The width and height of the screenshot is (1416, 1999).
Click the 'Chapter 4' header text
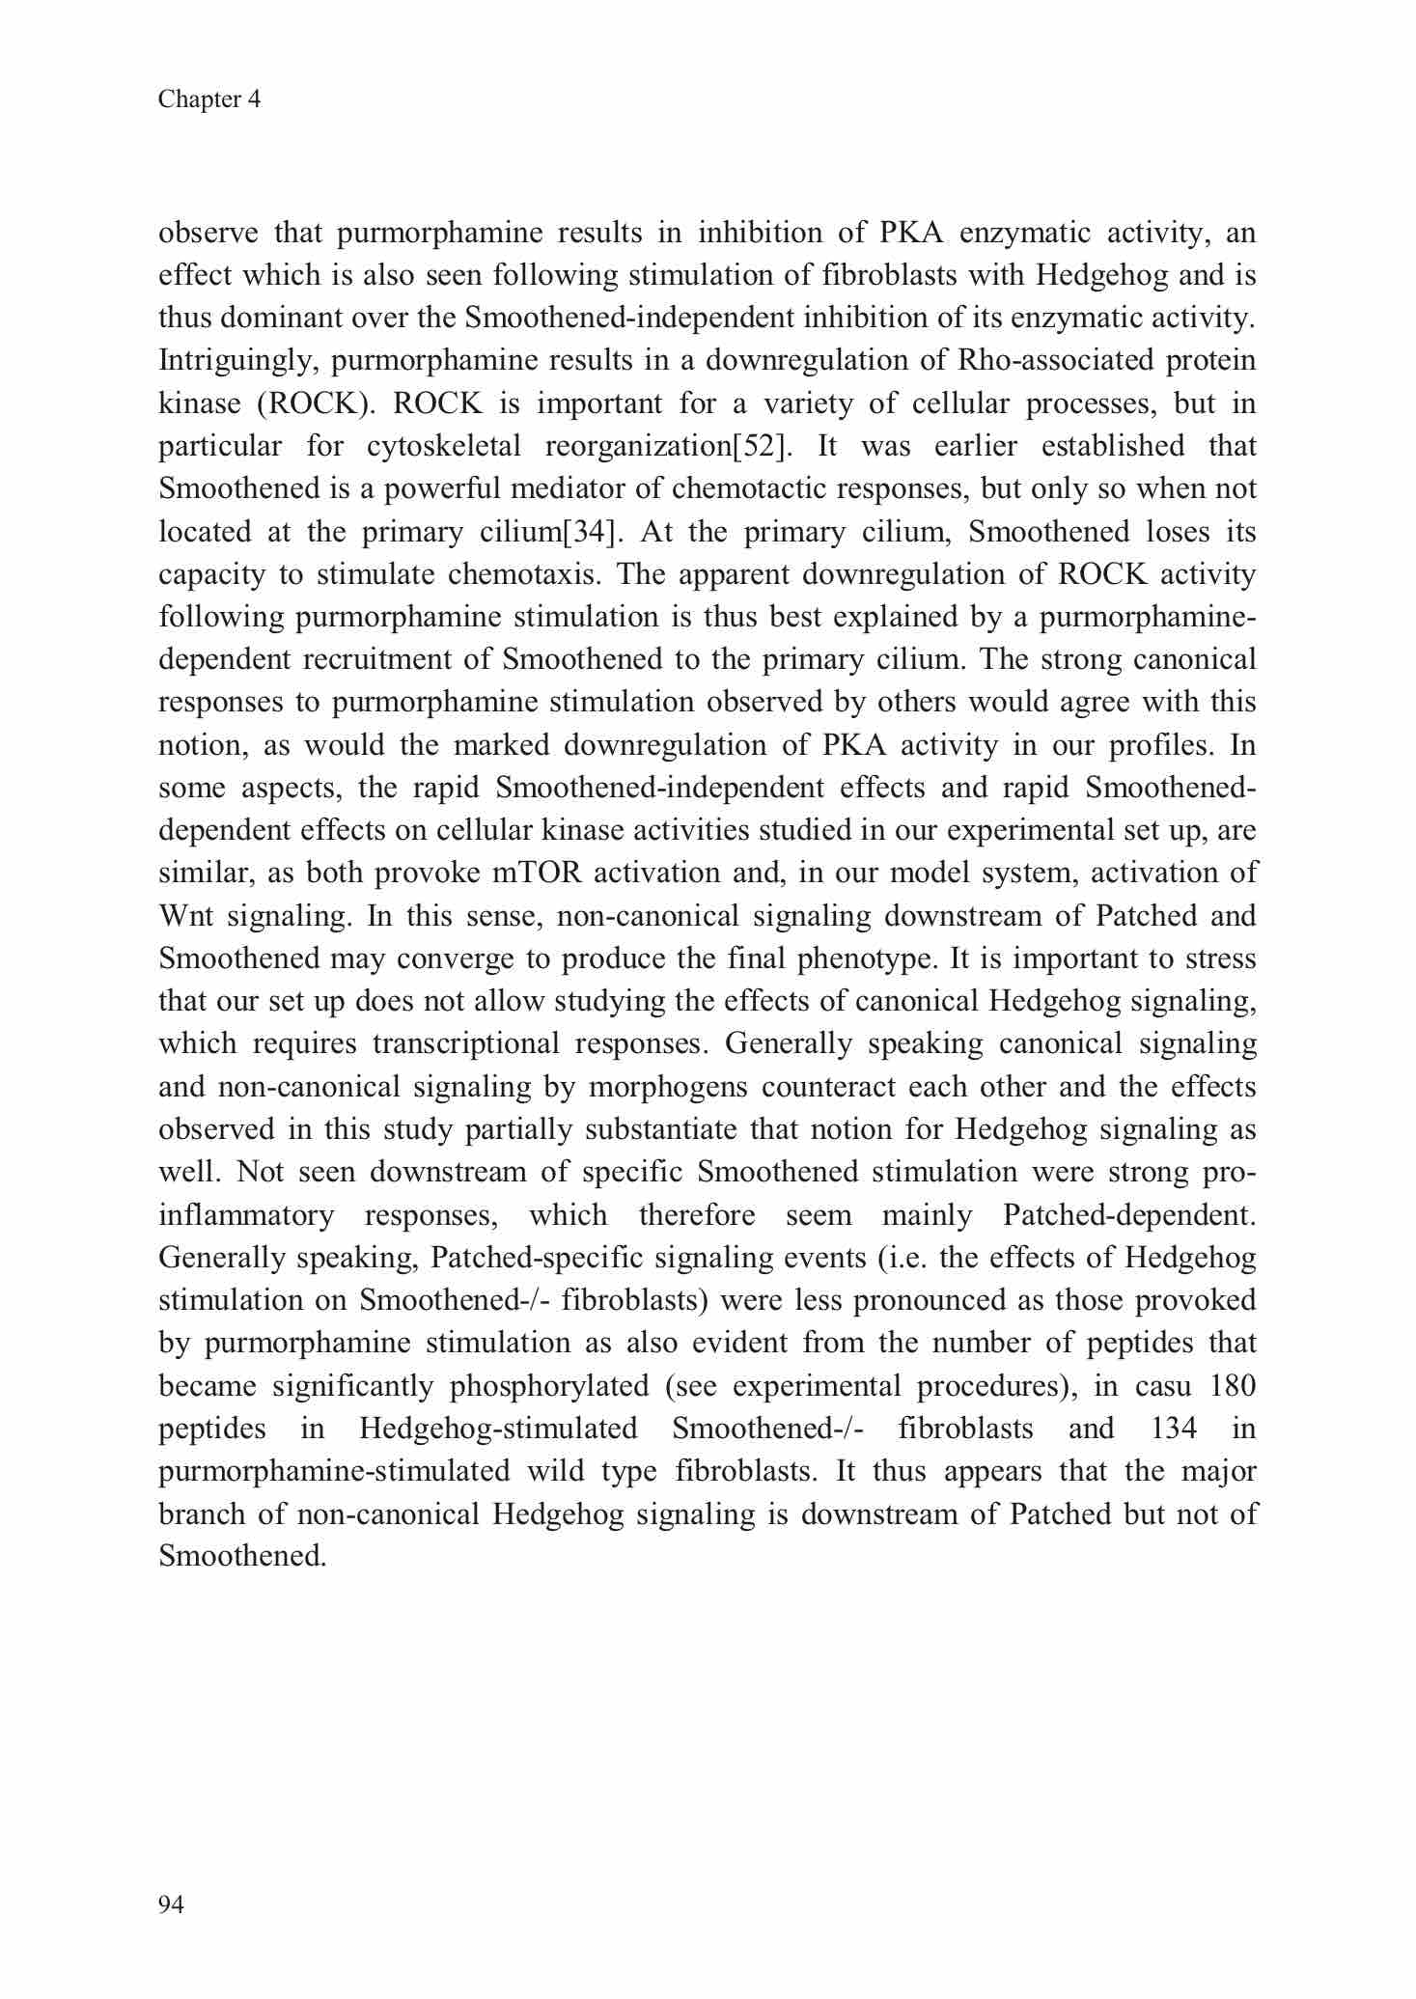209,99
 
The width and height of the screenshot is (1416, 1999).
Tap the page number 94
171,1903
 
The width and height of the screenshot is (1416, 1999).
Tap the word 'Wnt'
183,915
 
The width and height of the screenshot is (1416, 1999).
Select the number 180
1232,1386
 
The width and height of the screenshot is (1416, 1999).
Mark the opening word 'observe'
208,234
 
